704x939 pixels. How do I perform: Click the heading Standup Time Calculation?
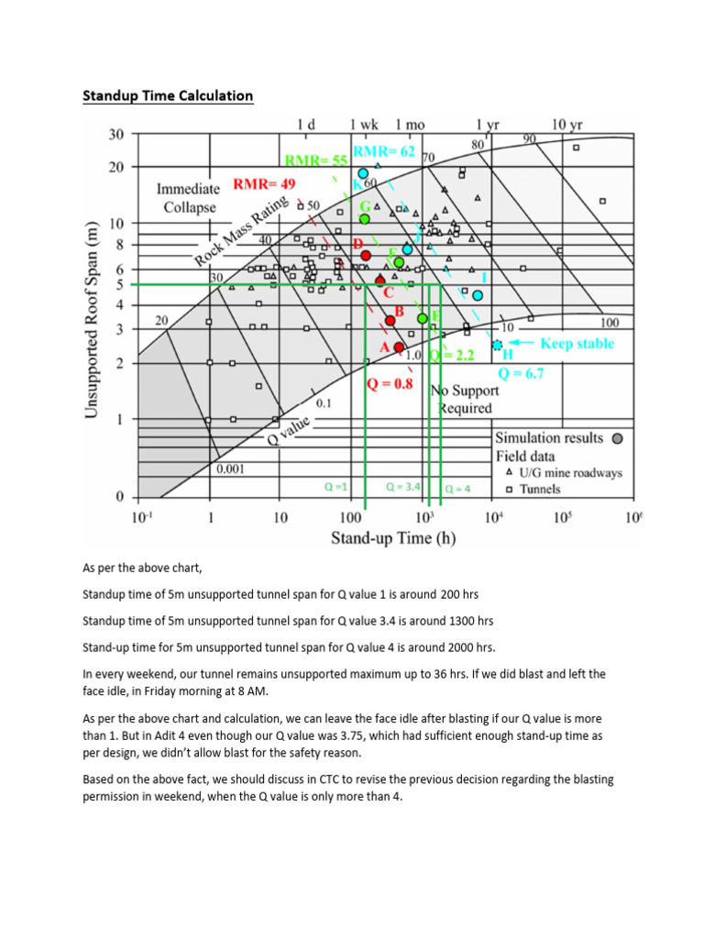(168, 95)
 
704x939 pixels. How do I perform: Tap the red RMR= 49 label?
(264, 184)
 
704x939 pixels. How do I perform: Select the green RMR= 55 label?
(316, 160)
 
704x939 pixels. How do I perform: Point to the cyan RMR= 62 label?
(384, 150)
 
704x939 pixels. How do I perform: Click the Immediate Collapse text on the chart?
(187, 198)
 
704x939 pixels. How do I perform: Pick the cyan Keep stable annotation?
(577, 344)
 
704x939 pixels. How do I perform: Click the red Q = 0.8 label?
(390, 385)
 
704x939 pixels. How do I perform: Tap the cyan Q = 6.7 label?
(522, 373)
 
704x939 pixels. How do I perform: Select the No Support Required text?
(464, 399)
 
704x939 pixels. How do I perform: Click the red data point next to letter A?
(399, 347)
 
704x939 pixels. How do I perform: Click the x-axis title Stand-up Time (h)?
(393, 538)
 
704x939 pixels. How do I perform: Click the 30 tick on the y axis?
(115, 135)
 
